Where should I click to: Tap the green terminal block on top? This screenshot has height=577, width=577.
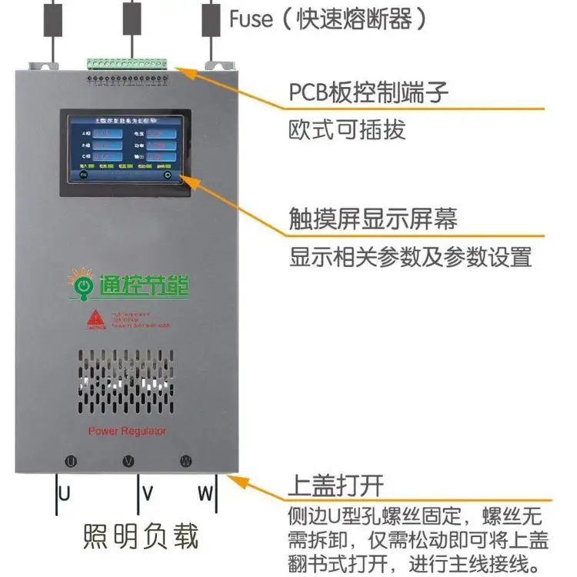(126, 61)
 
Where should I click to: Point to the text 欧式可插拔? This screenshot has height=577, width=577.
(347, 129)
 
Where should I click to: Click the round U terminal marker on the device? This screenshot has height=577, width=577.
(70, 462)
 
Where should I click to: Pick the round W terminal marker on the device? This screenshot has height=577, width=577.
(185, 462)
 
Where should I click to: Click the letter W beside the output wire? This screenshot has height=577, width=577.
(205, 493)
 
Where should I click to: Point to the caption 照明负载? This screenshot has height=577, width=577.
(140, 535)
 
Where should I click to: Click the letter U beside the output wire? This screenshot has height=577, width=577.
(65, 493)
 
